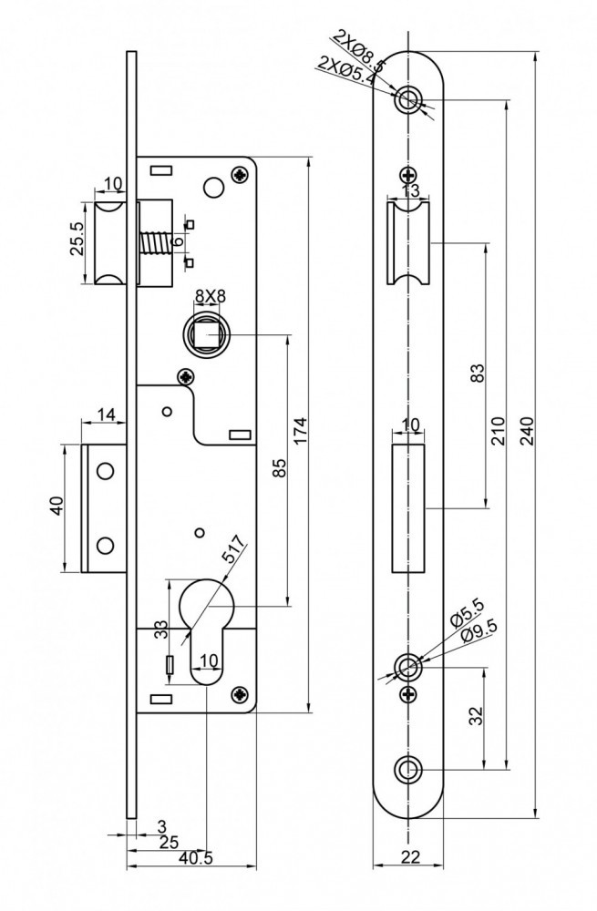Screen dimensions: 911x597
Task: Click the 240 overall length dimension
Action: (527, 429)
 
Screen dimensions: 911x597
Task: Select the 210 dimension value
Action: (499, 429)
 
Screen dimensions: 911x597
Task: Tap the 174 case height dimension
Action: (302, 432)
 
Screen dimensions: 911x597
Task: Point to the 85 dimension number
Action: (280, 468)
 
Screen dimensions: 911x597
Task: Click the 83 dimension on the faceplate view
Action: (478, 374)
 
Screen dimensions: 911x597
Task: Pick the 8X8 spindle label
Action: (211, 294)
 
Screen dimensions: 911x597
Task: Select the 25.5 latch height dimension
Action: (78, 241)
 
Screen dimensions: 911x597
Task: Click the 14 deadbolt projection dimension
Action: (106, 415)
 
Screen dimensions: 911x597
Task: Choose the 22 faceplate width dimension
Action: (410, 856)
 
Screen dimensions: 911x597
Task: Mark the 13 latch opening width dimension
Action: (409, 191)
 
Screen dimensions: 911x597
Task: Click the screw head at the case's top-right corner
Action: (240, 172)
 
